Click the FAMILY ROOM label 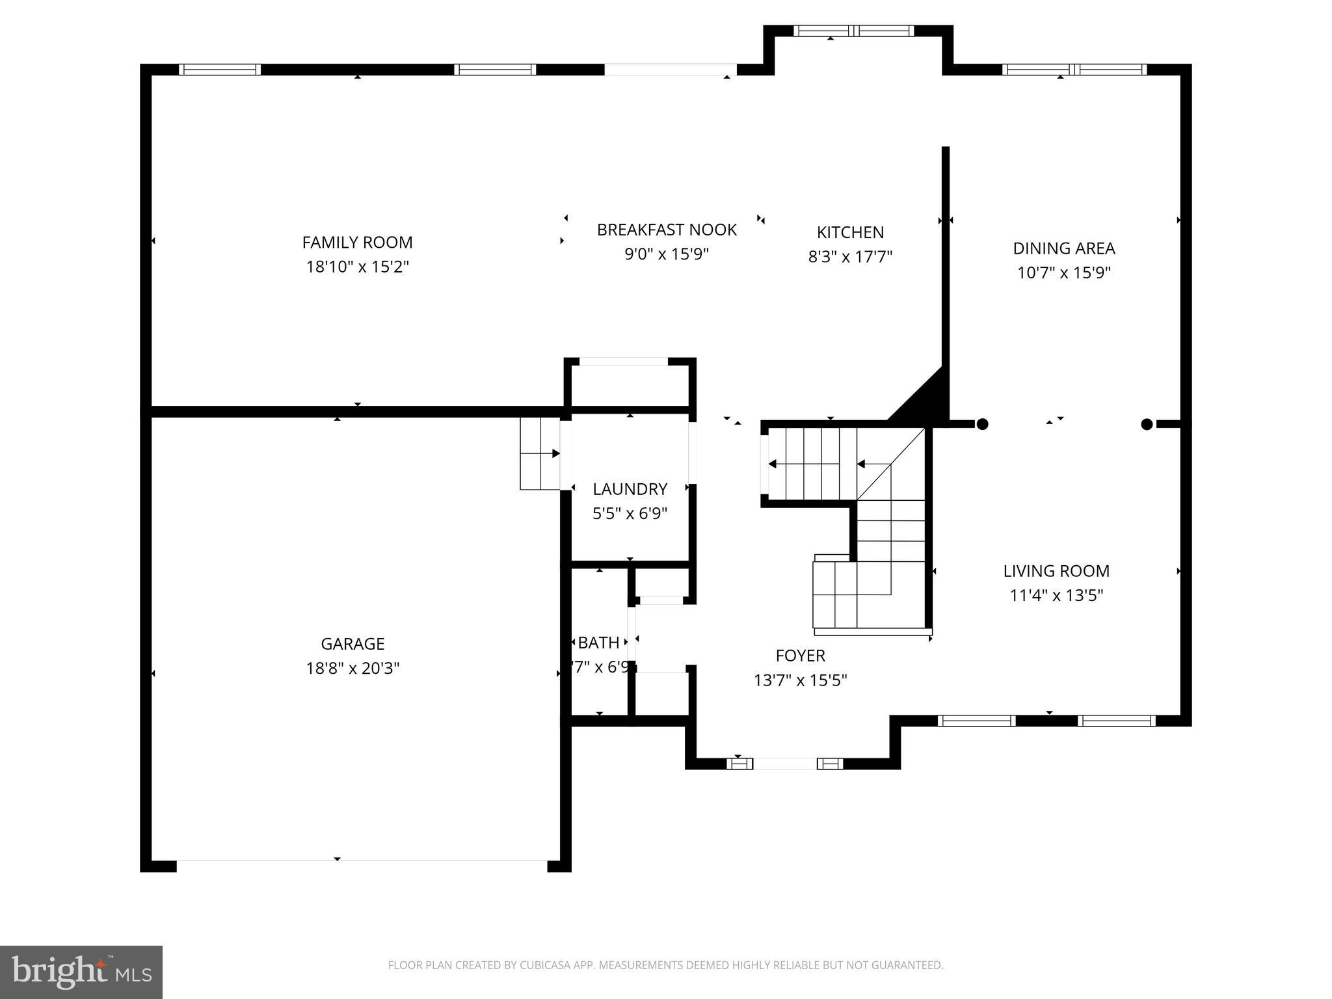click(x=357, y=243)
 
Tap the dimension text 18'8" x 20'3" click(x=353, y=669)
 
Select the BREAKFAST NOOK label click(x=667, y=230)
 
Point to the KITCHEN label click(x=850, y=232)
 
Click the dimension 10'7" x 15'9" click(x=1063, y=273)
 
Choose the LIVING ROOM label click(x=1056, y=571)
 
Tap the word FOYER click(x=800, y=656)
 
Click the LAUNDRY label click(x=630, y=489)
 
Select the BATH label click(x=598, y=643)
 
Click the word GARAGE click(x=353, y=644)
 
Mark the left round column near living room click(x=983, y=424)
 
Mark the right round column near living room click(x=1147, y=424)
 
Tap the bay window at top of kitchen click(x=853, y=31)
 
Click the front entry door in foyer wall click(x=785, y=764)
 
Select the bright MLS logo click(x=81, y=972)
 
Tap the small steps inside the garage click(x=539, y=453)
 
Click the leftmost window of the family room click(x=220, y=70)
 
